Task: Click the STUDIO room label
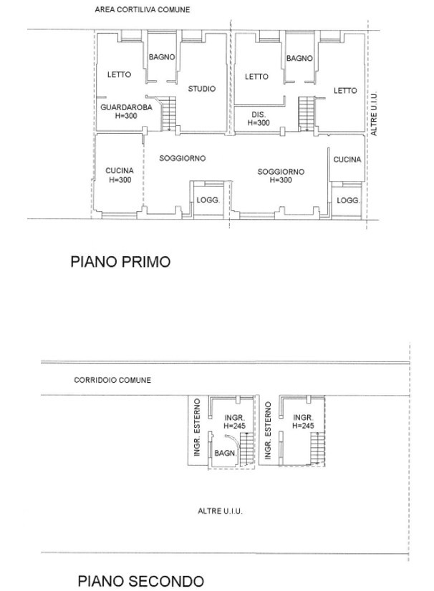click(202, 89)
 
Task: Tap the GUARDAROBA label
click(126, 107)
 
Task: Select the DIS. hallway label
click(259, 114)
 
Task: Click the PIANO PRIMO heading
click(120, 262)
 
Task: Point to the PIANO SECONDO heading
click(141, 581)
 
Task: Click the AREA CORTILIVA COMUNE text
click(143, 10)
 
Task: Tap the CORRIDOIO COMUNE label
click(112, 380)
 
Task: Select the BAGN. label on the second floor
click(226, 453)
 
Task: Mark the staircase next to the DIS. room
click(307, 114)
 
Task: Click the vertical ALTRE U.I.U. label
click(374, 114)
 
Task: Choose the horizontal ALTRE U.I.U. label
click(220, 511)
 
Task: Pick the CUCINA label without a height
click(347, 160)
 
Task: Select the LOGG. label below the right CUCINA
click(348, 201)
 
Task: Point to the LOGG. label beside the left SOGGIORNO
click(208, 200)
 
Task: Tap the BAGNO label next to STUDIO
click(162, 57)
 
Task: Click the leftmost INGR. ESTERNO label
click(197, 427)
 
